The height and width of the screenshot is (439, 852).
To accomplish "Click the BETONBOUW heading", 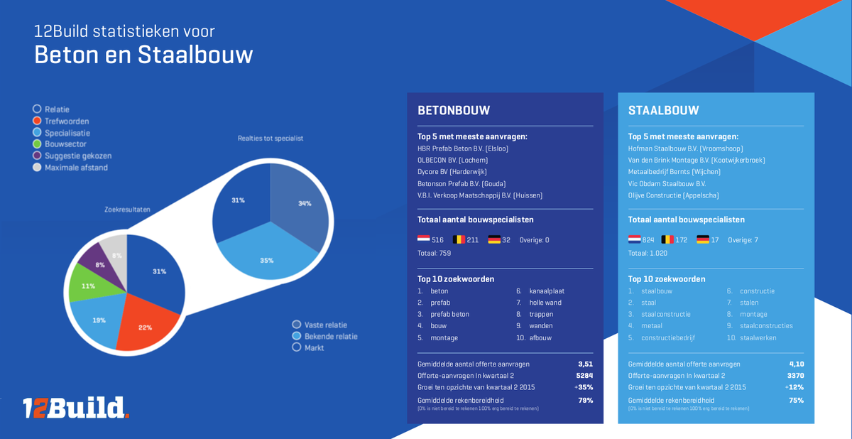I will click(x=454, y=111).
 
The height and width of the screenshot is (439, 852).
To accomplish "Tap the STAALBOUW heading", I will click(x=664, y=111).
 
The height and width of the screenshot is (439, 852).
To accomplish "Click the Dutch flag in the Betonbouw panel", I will click(x=423, y=240).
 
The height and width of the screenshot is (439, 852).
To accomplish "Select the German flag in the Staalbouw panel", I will click(x=703, y=240).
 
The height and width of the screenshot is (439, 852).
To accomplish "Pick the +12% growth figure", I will click(x=794, y=387).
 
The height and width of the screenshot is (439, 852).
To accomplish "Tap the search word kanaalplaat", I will click(x=547, y=291).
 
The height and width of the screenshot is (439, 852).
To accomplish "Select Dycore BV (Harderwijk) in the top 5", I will click(x=452, y=172).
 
